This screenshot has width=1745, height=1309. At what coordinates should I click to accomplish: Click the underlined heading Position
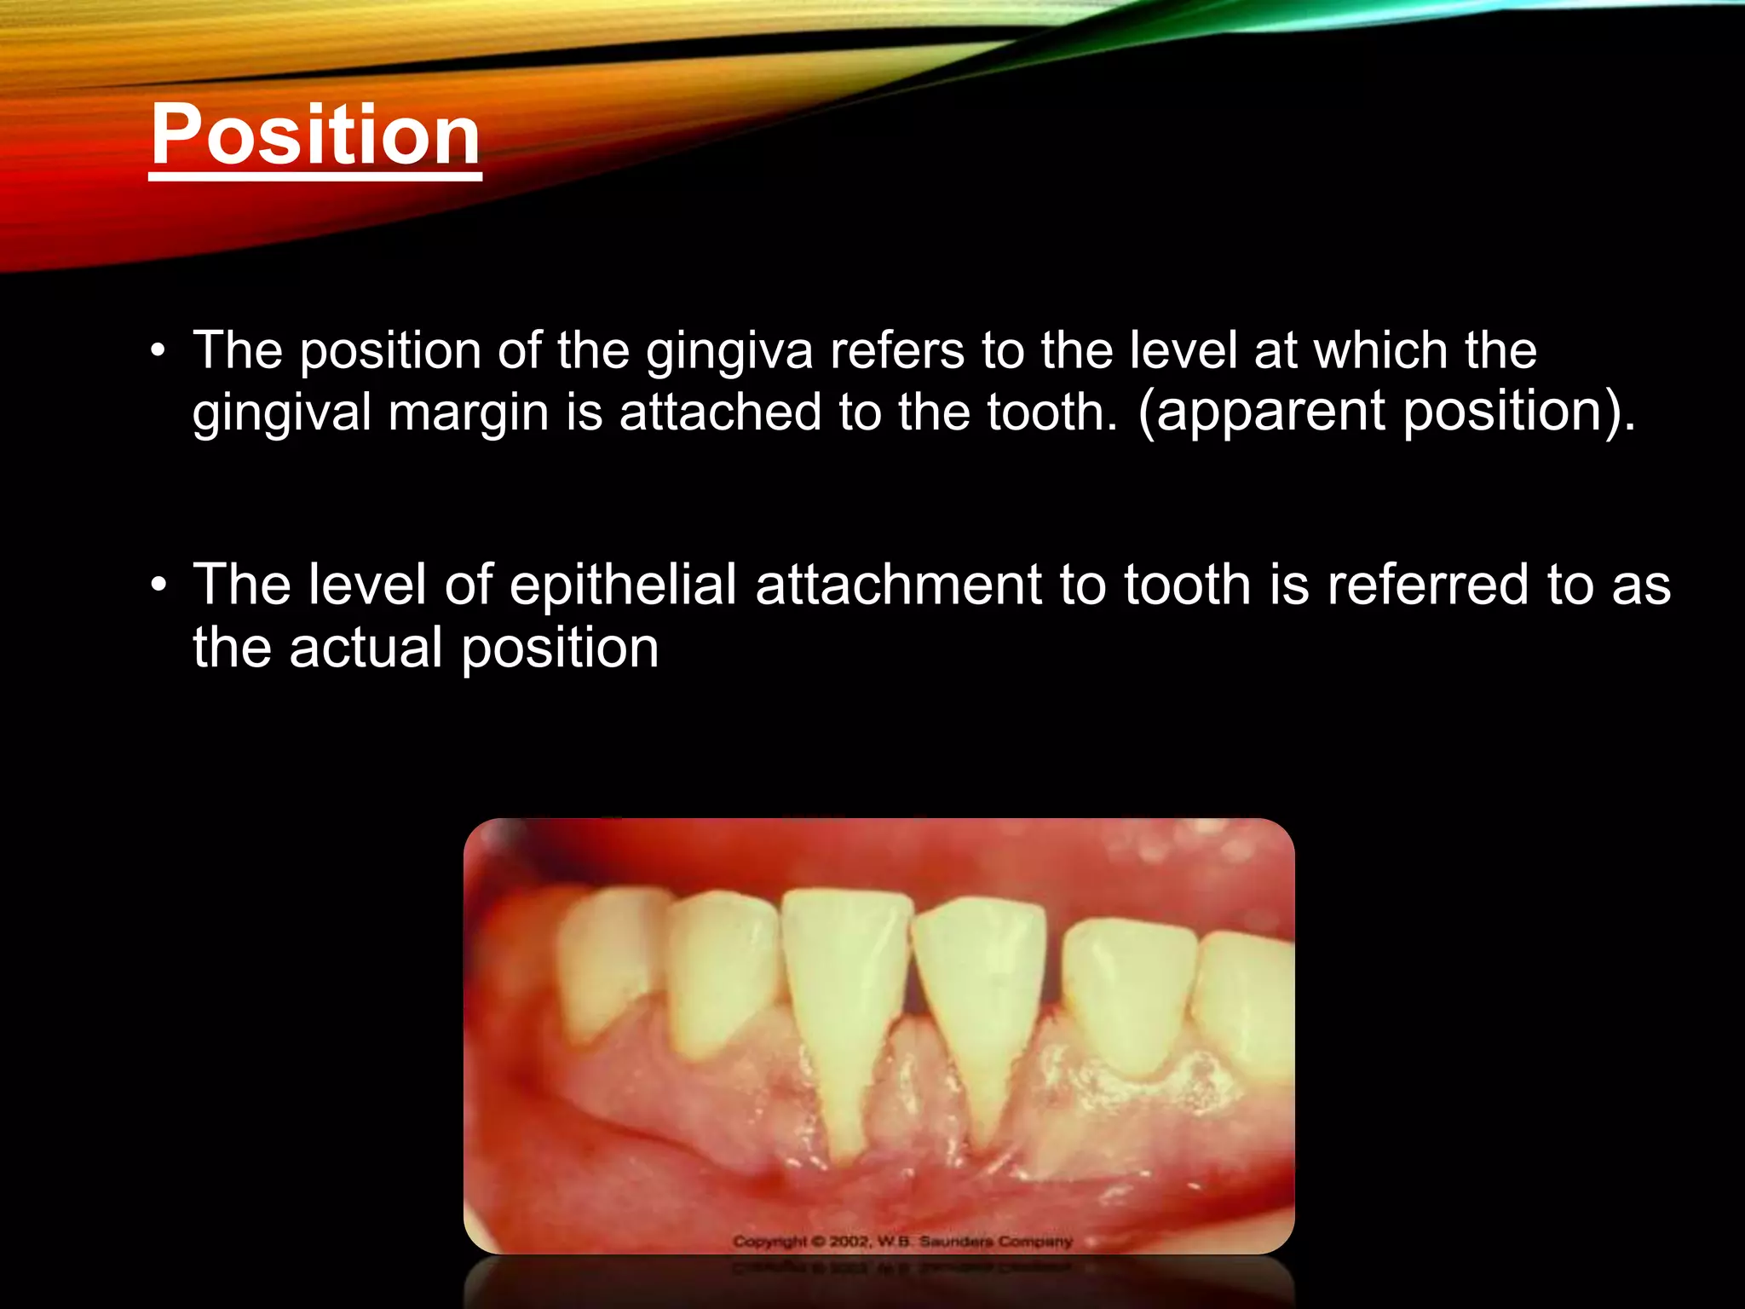pos(315,135)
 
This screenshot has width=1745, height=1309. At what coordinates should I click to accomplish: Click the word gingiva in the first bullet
pos(729,351)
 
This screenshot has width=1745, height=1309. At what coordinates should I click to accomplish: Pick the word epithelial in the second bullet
pos(623,585)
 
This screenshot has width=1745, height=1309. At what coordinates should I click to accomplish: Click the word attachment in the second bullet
pos(898,585)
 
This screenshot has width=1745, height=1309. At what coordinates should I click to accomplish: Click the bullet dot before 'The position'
pos(157,351)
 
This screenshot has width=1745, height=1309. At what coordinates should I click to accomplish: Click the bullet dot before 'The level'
pos(157,586)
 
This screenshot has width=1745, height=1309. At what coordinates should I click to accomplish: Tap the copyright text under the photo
pos(902,1242)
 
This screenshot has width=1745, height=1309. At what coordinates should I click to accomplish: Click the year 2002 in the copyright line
pos(849,1242)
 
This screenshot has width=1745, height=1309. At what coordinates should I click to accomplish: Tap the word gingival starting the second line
pos(282,414)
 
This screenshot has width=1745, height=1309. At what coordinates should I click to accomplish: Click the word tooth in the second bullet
pos(1187,585)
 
